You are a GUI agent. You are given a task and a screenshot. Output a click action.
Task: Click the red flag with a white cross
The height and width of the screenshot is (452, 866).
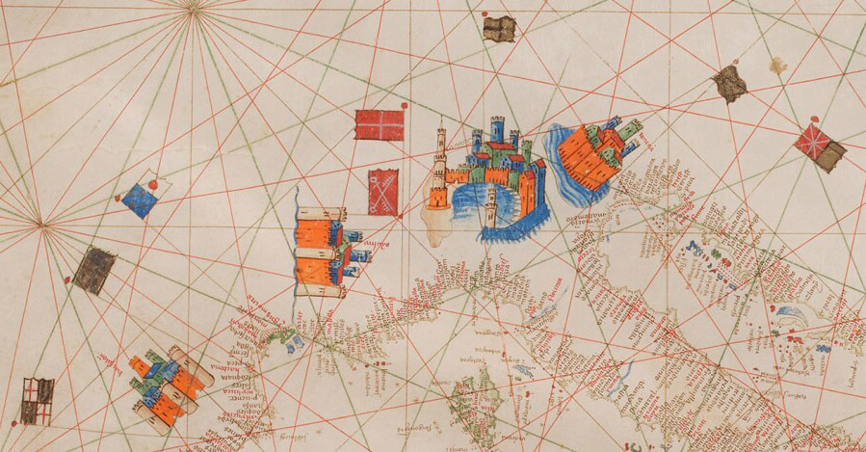(379, 124)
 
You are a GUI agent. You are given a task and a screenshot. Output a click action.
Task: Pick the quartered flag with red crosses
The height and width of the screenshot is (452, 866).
(37, 400)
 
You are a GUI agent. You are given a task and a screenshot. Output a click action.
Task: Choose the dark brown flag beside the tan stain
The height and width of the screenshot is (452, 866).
(730, 84)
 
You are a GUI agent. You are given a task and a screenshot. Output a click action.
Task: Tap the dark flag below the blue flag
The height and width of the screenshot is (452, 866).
(94, 270)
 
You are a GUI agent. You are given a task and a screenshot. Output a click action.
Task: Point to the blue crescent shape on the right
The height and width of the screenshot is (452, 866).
(788, 315)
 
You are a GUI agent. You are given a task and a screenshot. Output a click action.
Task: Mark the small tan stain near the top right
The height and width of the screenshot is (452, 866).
(776, 65)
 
